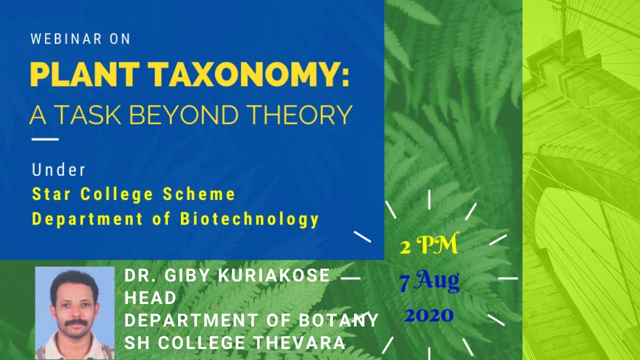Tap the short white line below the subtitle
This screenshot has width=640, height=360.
click(45, 139)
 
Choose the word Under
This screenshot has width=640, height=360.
click(58, 170)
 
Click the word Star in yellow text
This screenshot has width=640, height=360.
click(53, 194)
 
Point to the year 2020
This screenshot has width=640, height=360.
click(429, 315)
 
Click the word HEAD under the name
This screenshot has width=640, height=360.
click(150, 298)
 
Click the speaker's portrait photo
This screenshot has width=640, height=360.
click(75, 313)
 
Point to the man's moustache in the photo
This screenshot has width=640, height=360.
click(76, 322)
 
